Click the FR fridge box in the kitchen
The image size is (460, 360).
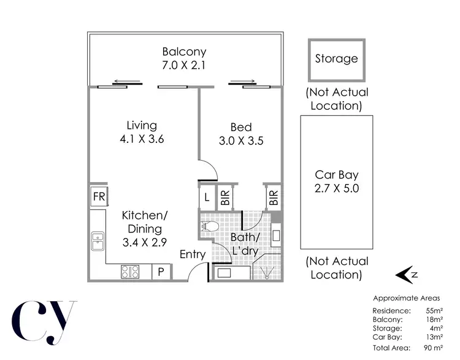(99, 197)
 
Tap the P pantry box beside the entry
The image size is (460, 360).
(161, 271)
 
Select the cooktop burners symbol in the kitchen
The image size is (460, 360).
(131, 271)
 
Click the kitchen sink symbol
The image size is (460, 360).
(98, 241)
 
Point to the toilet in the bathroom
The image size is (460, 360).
(209, 226)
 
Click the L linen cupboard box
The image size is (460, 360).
(207, 197)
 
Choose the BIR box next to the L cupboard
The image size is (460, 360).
(225, 197)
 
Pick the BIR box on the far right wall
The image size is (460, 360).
(273, 197)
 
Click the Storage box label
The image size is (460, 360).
(336, 59)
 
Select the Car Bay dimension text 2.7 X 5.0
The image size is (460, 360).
(336, 188)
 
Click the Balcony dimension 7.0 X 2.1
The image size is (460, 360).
(184, 65)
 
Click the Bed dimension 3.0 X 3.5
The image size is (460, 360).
(241, 140)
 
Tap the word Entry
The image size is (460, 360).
(192, 255)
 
